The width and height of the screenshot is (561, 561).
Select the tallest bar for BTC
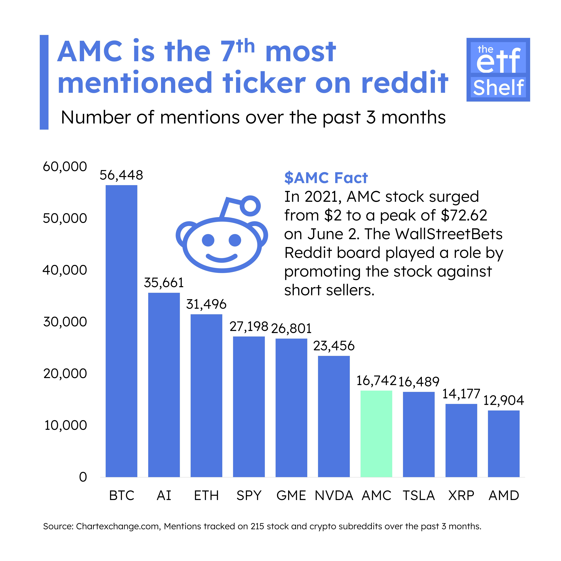point(121,331)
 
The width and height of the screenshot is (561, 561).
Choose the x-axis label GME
point(291,496)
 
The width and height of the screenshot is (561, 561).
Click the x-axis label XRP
point(461,496)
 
